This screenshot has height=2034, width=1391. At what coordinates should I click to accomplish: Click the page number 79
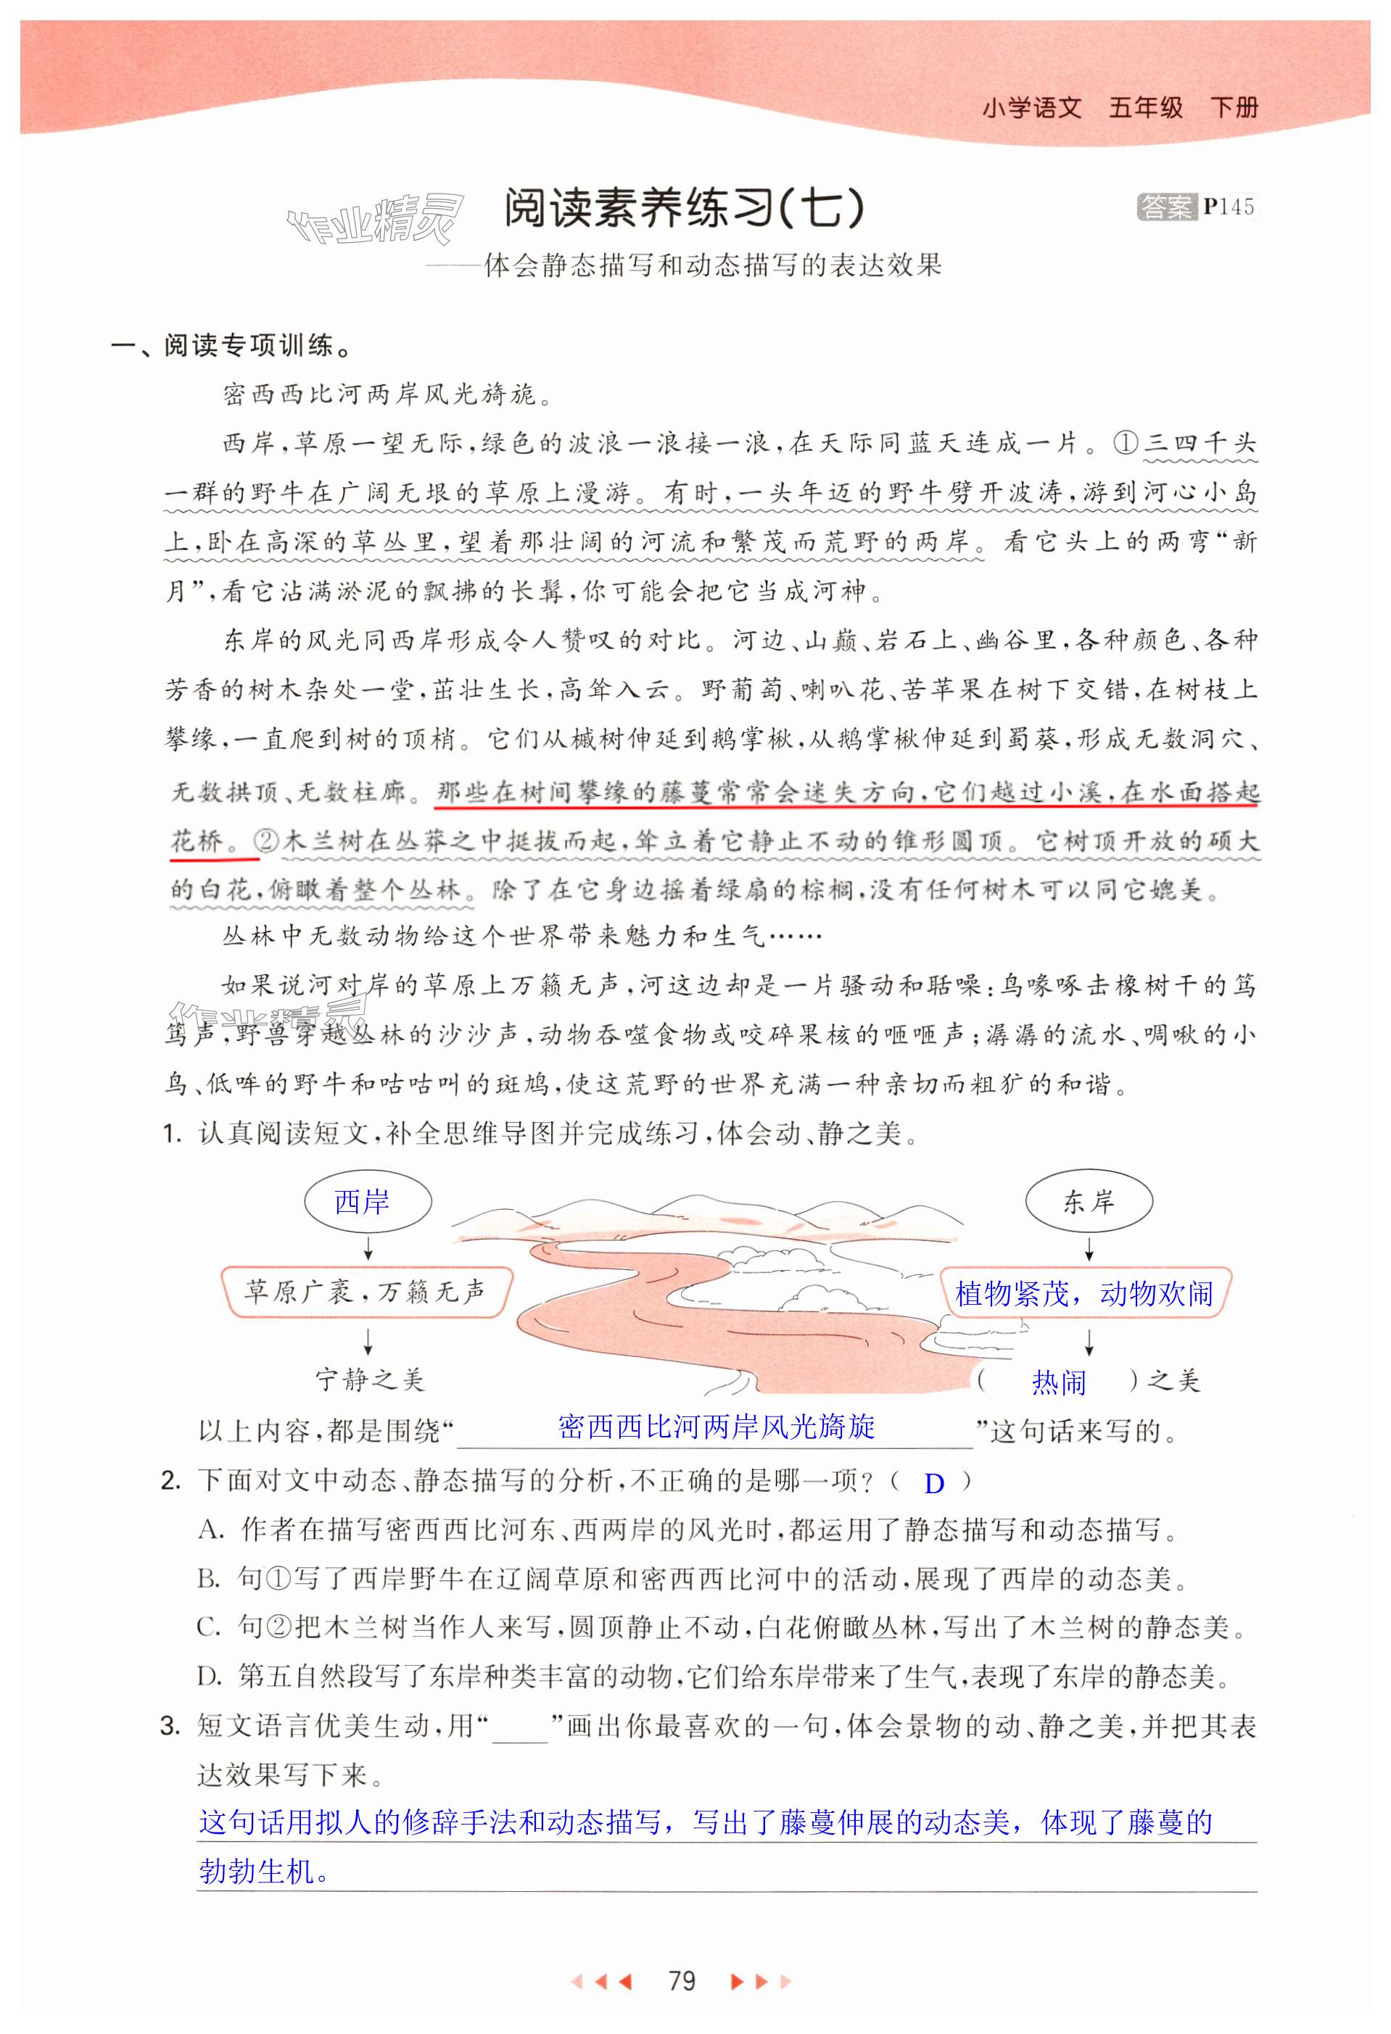coord(681,1980)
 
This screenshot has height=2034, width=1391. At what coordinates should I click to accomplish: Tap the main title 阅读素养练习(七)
coord(684,208)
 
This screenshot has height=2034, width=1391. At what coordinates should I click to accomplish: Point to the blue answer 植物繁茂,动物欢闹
coord(1084,1292)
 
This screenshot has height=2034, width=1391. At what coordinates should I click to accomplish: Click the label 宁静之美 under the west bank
coord(369,1380)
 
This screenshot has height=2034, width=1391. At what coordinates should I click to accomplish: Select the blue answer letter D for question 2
coord(934,1482)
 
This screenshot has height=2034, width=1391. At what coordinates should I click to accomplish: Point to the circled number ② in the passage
coord(265,841)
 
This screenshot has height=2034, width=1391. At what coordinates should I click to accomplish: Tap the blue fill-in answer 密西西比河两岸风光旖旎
coord(715,1426)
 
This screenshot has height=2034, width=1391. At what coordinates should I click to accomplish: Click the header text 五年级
coord(1145,108)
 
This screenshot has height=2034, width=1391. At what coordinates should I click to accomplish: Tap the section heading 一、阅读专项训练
coord(231,346)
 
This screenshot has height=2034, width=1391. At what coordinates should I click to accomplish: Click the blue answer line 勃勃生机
coord(263,1871)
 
